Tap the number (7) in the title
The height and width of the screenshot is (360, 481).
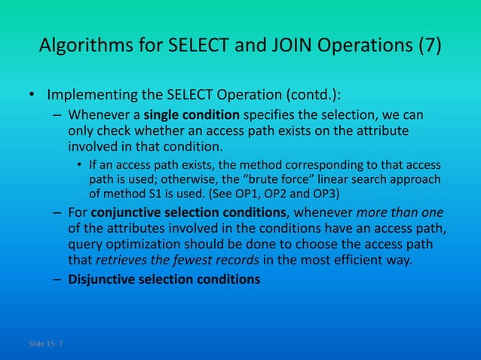[x=428, y=49]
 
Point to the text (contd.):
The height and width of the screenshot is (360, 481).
[x=309, y=96]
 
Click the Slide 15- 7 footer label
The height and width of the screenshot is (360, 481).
[x=46, y=344]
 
